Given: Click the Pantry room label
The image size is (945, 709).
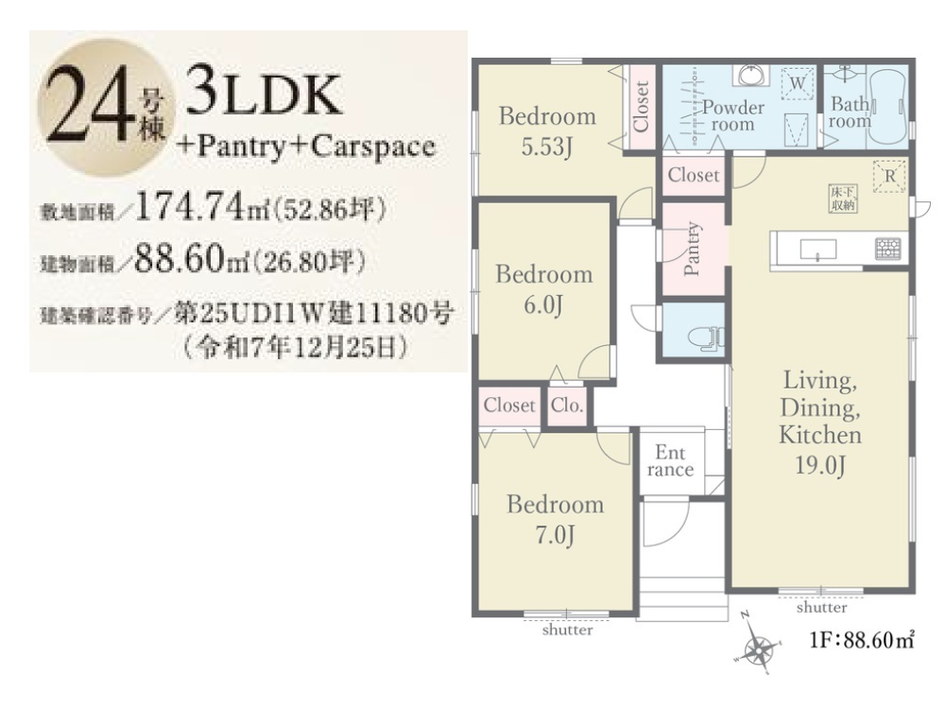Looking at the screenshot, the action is coord(693,249).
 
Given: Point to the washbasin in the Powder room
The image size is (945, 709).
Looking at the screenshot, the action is coord(751,75).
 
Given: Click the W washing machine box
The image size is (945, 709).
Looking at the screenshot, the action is coord(798,83).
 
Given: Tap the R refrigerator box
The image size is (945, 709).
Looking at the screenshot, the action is coord(889,177).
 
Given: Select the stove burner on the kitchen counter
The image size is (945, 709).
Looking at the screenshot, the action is coord(888,249).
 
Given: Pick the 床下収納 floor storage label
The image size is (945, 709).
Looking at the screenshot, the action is coord(843,199).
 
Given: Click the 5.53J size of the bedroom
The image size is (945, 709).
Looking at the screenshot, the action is coord(546,147).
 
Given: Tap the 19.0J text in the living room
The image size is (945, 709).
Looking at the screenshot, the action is coord(820,465).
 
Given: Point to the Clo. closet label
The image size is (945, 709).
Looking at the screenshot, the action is coord(566,406).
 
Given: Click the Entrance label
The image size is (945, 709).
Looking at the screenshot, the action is coord(670,461).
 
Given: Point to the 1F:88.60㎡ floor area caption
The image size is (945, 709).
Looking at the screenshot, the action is coord(862,640).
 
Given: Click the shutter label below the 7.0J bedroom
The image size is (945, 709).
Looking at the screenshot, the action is coord(567,630).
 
